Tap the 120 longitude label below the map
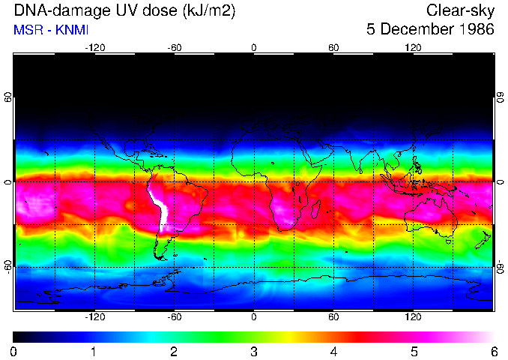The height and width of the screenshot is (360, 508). click(x=413, y=316)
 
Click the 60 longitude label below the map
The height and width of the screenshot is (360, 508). click(x=333, y=316)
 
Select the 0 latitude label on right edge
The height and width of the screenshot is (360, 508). click(x=500, y=181)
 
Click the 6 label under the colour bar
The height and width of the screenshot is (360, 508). click(x=494, y=351)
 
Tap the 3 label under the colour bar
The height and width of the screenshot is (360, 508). click(x=254, y=351)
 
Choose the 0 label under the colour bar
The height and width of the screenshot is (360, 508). click(x=14, y=351)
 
